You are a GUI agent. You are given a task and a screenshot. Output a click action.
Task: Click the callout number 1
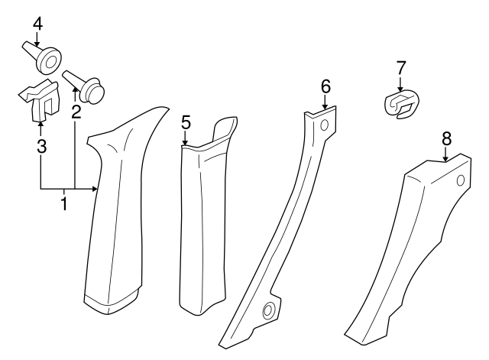pos(64,204)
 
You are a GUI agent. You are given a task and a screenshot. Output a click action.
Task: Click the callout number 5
pos(185,122)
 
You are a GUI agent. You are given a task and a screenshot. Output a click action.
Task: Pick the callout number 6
pos(325,87)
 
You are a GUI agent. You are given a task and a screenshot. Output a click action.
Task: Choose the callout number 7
pos(400,68)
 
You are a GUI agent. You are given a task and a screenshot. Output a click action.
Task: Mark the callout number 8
pos(446,138)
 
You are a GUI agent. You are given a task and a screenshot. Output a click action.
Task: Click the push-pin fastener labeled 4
pos(47,57)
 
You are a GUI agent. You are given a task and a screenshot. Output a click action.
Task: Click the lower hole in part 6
pos(269,310)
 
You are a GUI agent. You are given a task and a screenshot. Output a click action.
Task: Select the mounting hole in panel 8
pos(460,180)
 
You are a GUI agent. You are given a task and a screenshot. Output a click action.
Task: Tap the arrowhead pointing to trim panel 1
pos(96,188)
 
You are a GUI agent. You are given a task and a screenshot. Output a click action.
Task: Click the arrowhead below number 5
pos(185,141)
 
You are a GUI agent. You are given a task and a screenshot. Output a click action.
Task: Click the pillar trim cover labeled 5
pos(202,222)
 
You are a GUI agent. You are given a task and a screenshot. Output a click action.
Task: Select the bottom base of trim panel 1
pos(111,300)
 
